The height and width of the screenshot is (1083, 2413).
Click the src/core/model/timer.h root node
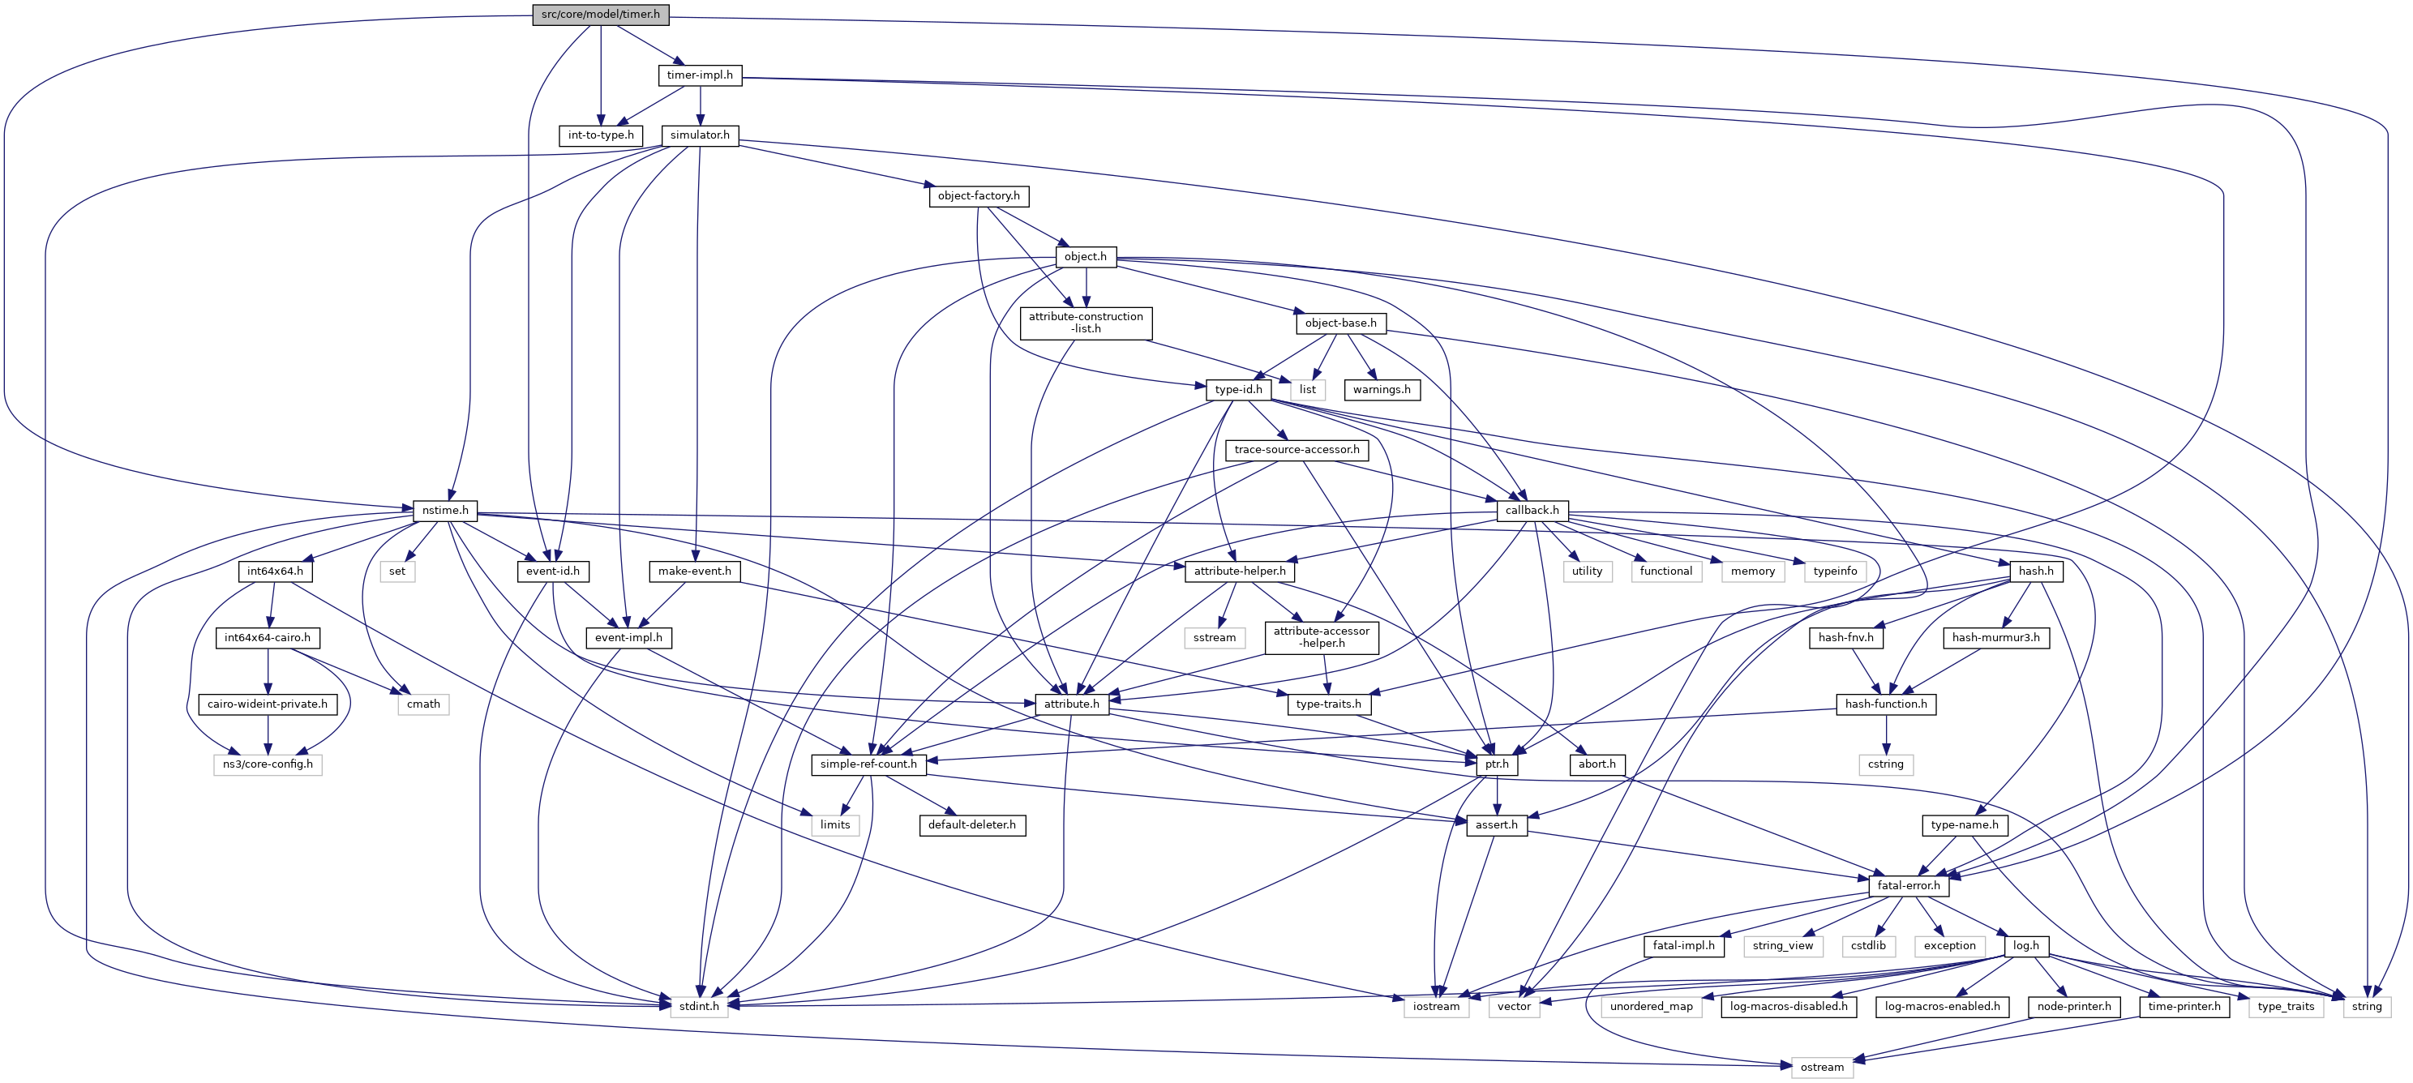[601, 14]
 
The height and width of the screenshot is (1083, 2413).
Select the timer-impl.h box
[700, 75]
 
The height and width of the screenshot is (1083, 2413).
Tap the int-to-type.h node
[601, 135]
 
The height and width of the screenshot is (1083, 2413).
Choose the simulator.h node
[700, 135]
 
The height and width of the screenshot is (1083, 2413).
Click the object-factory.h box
[979, 196]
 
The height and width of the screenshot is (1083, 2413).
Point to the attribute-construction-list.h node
[1086, 323]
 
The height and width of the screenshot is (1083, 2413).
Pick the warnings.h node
[1382, 390]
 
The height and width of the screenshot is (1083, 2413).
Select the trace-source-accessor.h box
[1297, 450]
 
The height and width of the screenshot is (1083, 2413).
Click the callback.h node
[1532, 511]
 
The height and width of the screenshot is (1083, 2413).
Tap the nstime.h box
[445, 511]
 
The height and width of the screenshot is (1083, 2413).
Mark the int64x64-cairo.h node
[267, 638]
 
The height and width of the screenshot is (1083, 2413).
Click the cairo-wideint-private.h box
[267, 704]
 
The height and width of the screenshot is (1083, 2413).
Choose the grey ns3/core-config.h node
[267, 764]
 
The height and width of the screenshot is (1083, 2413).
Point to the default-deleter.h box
[972, 825]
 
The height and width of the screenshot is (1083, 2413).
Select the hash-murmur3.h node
[1996, 638]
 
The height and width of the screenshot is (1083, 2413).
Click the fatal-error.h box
[1909, 885]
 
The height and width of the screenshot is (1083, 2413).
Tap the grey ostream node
[1822, 1067]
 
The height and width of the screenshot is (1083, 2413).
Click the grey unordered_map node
[1652, 1006]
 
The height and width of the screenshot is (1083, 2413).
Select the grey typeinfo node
[1835, 571]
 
